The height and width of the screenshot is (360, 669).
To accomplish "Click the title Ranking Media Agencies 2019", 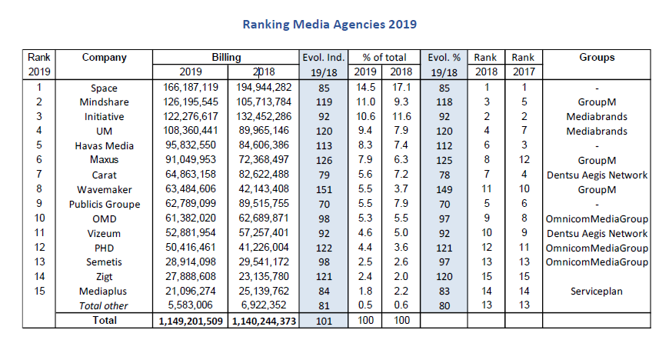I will (329, 24).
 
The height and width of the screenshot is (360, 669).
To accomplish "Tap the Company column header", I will (104, 58).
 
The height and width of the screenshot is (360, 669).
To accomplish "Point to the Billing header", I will (226, 58).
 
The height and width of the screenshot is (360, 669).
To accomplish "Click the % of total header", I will (384, 58).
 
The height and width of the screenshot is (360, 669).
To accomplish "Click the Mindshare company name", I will (104, 102).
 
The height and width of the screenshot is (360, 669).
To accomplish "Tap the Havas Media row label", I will (104, 146).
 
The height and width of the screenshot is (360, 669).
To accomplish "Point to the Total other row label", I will (104, 307).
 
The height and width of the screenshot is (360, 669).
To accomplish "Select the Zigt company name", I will (104, 278).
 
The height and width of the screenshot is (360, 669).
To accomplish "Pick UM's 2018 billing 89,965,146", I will (264, 132).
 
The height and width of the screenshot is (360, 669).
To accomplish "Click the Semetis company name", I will (104, 263).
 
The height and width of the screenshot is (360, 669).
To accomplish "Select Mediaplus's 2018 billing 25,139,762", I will (264, 292).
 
